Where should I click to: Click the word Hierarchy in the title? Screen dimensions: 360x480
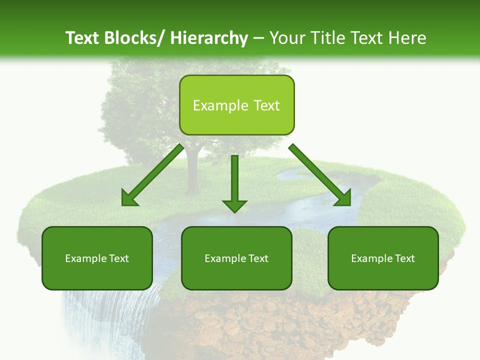[x=209, y=38]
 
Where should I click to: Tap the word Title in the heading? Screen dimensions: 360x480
[x=326, y=38]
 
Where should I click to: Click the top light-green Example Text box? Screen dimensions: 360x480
[x=236, y=105]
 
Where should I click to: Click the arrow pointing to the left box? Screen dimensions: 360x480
[x=152, y=175]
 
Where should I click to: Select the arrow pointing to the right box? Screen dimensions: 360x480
[x=320, y=175]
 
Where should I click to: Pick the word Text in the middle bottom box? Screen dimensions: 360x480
[x=258, y=258]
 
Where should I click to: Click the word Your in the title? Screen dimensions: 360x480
[x=286, y=38]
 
